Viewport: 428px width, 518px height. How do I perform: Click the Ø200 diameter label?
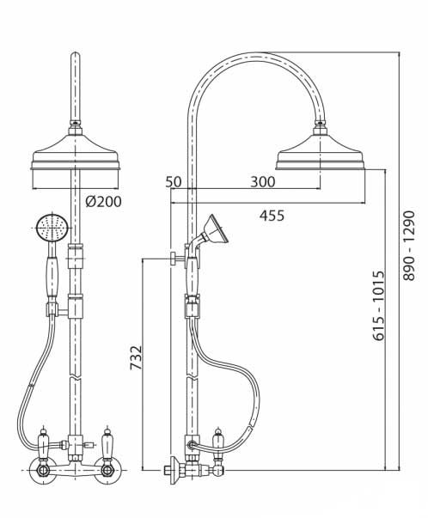(103, 201)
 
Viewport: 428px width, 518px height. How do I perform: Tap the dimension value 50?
(174, 182)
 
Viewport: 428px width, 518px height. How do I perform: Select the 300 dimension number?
(263, 182)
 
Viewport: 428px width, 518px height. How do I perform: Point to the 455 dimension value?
(272, 216)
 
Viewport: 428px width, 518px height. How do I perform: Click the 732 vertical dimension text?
(136, 357)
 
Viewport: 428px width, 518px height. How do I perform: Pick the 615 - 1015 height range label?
(379, 306)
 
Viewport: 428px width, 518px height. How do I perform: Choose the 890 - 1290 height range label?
(408, 246)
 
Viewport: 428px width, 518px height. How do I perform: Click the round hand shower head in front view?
(52, 228)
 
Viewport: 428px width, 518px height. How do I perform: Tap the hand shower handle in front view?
(52, 276)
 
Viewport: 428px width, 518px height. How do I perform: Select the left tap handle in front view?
(43, 443)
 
